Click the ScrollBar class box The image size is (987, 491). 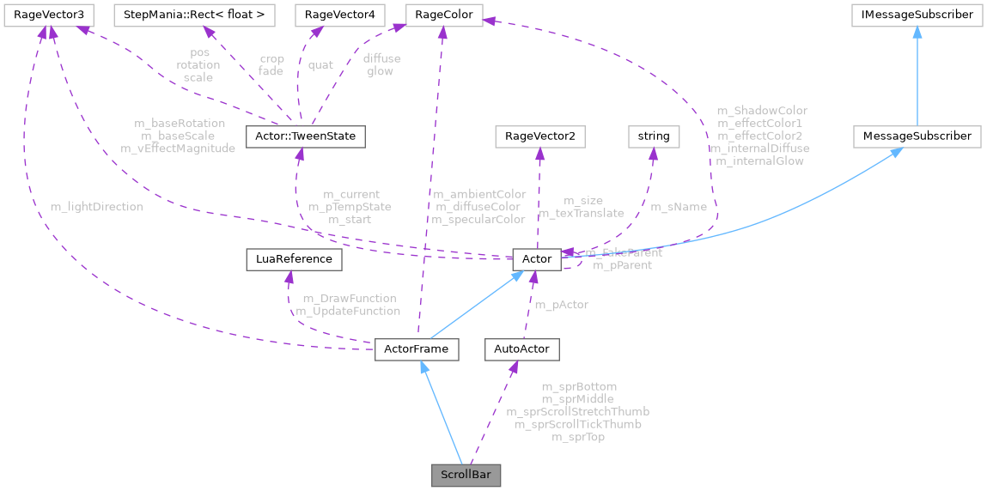click(466, 475)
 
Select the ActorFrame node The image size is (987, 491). click(417, 349)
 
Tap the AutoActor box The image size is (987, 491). click(521, 349)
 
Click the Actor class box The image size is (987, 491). click(536, 258)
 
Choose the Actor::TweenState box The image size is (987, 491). click(306, 136)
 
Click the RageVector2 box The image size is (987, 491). click(539, 136)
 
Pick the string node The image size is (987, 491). click(654, 136)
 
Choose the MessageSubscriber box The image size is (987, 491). click(917, 136)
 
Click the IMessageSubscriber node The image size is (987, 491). click(917, 15)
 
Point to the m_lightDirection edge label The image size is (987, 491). click(96, 207)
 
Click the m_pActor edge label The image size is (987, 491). click(562, 305)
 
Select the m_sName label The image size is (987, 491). click(679, 207)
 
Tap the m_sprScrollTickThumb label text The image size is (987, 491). click(577, 424)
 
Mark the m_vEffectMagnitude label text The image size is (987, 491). click(178, 149)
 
